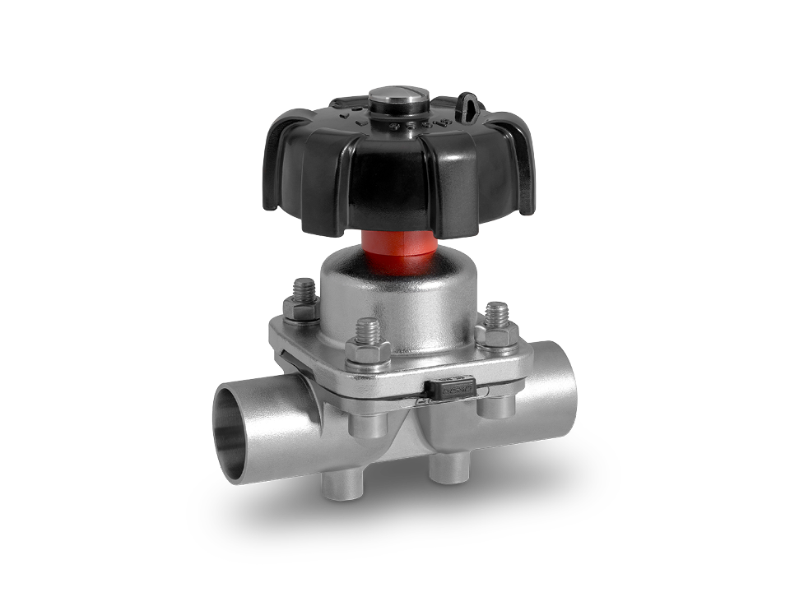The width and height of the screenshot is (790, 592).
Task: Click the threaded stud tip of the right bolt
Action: coord(496,312)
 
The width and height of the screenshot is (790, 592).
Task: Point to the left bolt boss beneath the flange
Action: coord(366,424)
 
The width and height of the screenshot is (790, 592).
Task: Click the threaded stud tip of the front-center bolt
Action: coord(366,330)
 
